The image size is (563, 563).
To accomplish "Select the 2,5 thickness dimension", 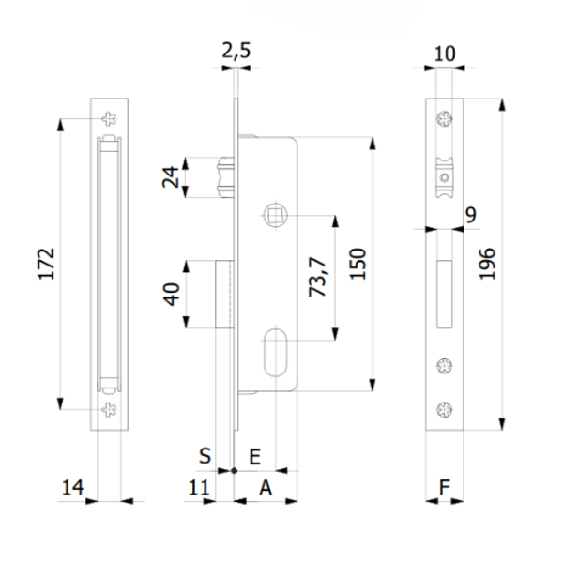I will click(236, 53).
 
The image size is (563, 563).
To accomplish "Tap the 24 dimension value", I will click(171, 177).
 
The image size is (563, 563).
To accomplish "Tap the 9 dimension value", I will click(470, 216).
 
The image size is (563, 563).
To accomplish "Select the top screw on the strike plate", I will click(110, 118).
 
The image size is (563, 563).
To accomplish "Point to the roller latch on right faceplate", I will click(443, 176).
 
